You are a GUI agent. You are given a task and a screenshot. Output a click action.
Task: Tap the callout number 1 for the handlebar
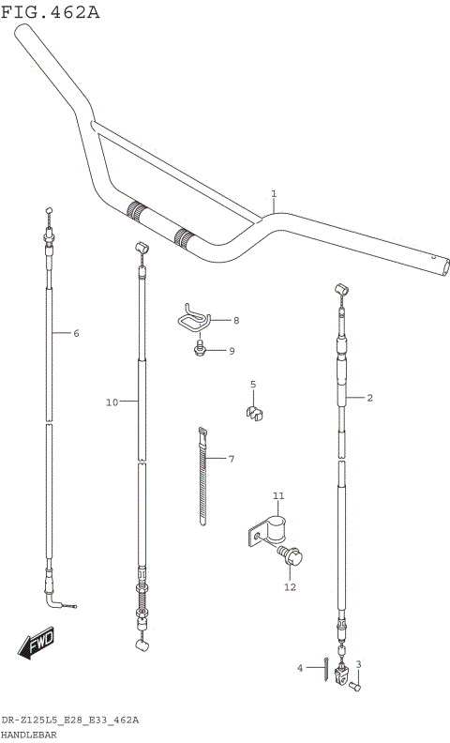point(273,194)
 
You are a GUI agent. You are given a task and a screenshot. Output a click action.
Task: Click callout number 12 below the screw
point(290,587)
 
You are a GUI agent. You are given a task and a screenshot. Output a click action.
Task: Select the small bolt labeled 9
point(201,350)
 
